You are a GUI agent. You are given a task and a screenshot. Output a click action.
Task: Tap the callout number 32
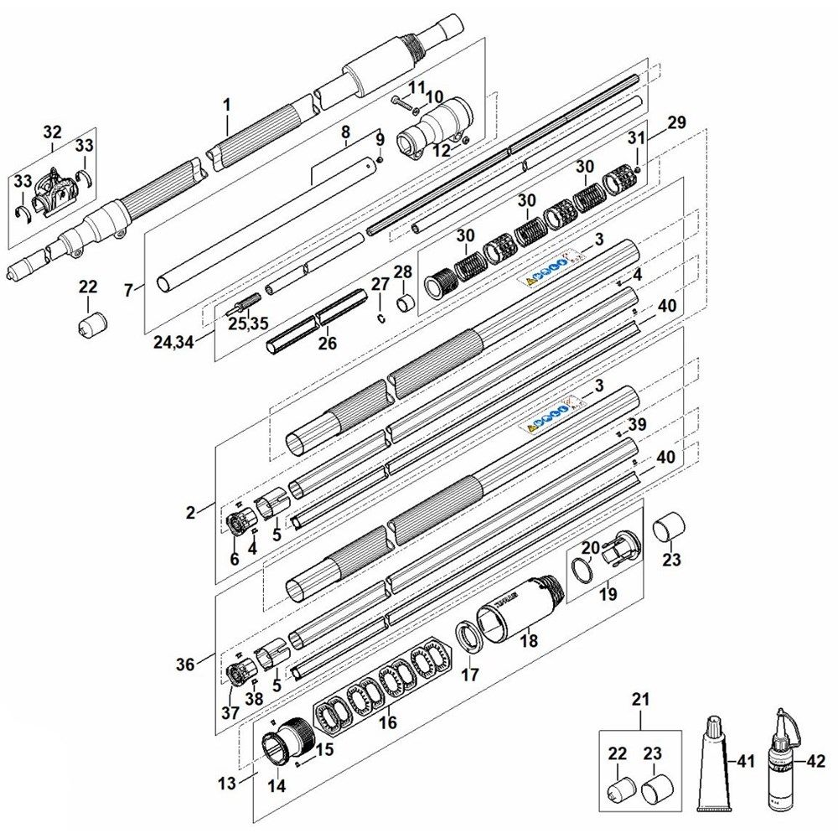pos(52,132)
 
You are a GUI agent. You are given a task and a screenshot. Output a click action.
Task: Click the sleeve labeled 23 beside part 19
pos(670,528)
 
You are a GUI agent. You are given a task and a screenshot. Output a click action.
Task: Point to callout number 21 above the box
pos(640,699)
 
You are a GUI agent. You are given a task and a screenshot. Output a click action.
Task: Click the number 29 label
pos(677,122)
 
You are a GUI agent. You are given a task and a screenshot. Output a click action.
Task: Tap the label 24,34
pos(174,341)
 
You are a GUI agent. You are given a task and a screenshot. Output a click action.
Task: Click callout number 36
pos(184,665)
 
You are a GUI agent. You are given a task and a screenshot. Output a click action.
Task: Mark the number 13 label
pos(227,784)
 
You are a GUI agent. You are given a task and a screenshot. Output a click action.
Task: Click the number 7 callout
pos(128,290)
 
